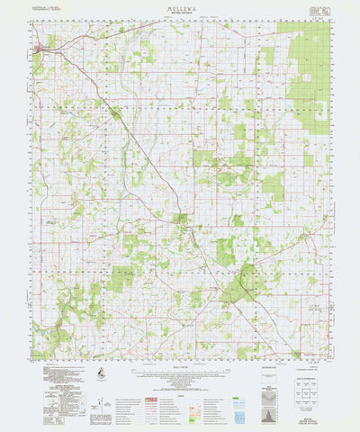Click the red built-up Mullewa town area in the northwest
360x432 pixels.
pos(40,49)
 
